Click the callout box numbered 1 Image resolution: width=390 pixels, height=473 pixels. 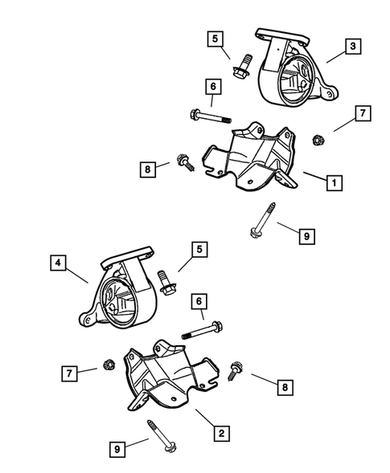tap(331, 183)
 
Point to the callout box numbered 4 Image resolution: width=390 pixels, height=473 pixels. tap(58, 262)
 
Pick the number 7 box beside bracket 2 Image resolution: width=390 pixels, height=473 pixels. tap(69, 372)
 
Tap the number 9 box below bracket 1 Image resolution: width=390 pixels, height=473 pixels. tap(306, 236)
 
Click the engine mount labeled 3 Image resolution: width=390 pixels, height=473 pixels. tap(294, 76)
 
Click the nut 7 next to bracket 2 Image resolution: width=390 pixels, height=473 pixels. tap(107, 369)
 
